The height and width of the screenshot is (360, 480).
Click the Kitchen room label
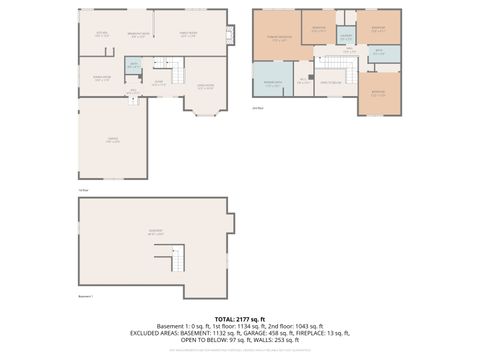click(x=102, y=34)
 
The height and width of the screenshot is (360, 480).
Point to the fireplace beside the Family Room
click(x=229, y=35)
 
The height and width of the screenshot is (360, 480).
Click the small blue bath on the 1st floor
click(x=132, y=66)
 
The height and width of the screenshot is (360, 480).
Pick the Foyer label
click(x=159, y=83)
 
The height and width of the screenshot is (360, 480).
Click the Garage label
click(x=112, y=141)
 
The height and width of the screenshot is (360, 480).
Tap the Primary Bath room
click(x=271, y=84)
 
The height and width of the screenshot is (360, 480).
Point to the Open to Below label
click(x=331, y=82)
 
